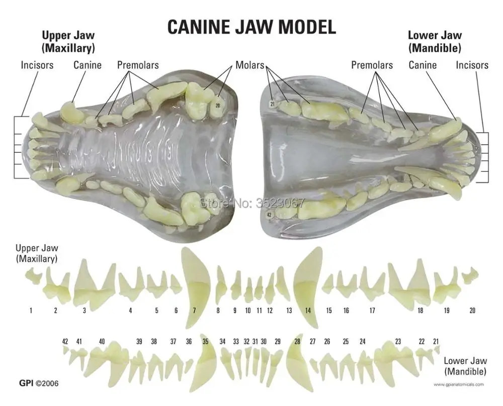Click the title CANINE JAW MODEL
pos(251,27)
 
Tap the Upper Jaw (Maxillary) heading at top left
pos(68,42)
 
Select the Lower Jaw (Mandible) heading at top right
pos(434,42)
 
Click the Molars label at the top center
pos(250,65)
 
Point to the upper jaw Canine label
pos(88,65)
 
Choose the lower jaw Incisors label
pos(472,65)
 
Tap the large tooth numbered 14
pos(307,281)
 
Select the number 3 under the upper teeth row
pos(85,311)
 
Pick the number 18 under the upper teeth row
pos(420,311)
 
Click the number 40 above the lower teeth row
pos(102,342)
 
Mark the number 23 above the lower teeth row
pos(398,342)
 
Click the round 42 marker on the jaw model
pos(270,215)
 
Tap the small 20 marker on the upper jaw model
pos(218,106)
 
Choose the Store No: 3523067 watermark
pos(253,204)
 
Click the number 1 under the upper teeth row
pos(31,311)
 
